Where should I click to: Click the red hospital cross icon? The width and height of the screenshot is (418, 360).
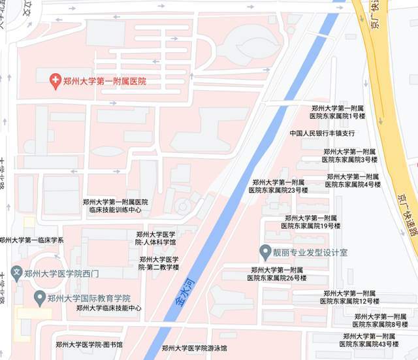point(57,82)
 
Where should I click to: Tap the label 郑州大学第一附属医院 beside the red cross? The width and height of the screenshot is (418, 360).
point(104,82)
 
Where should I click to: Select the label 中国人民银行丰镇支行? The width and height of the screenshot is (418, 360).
point(323,133)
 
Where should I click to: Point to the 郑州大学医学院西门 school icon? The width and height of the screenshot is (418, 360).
point(17,272)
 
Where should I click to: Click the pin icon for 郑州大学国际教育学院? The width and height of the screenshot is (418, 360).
point(40,298)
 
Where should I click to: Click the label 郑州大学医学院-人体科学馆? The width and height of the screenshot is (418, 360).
point(155,238)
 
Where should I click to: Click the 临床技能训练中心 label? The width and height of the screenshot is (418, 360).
point(115,206)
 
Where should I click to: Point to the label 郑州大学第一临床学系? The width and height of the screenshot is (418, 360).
point(32,240)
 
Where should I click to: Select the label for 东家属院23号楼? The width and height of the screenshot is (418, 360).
point(278,186)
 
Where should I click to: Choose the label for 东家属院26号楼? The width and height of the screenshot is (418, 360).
point(278,274)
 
